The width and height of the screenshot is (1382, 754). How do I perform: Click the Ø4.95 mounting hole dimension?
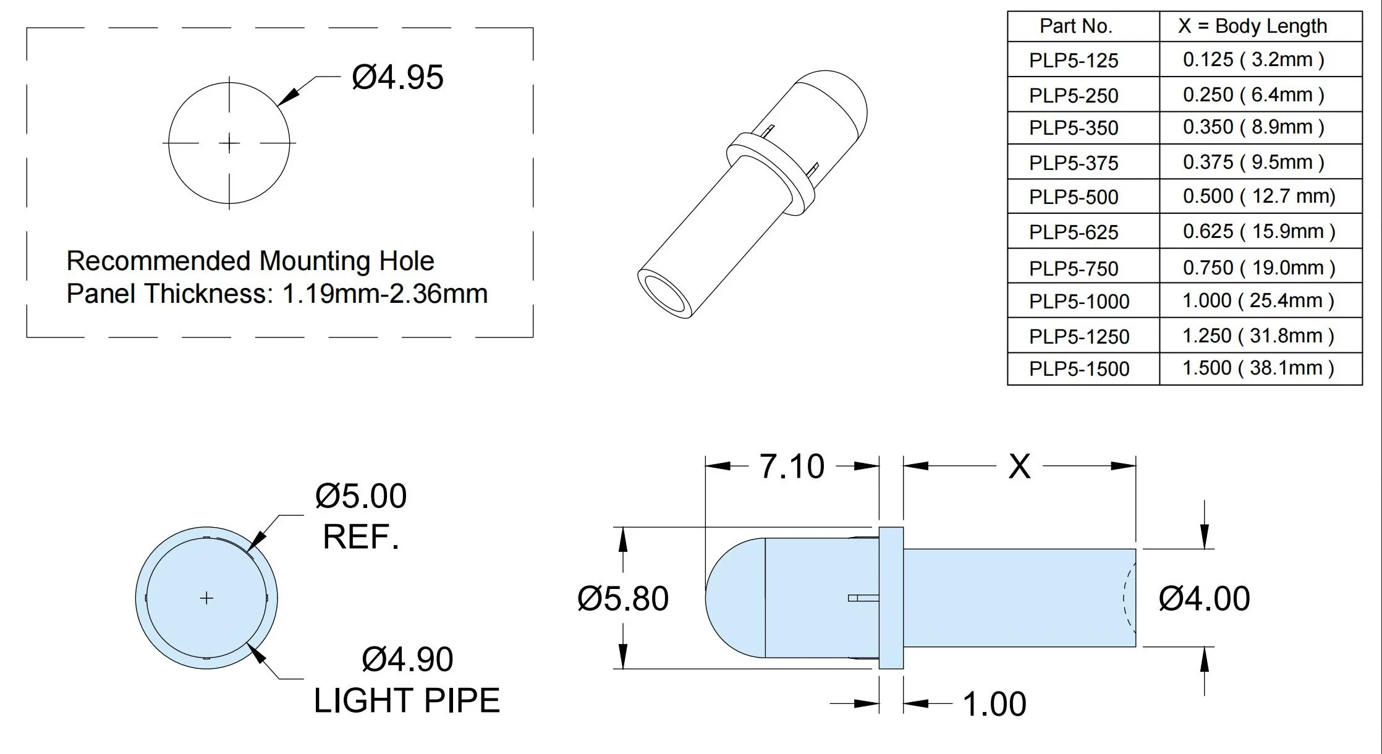click(x=397, y=78)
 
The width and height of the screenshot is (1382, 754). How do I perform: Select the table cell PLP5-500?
click(x=1074, y=197)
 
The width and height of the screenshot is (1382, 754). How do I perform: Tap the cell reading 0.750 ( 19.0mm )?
click(x=1258, y=268)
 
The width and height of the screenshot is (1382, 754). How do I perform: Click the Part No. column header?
click(x=1075, y=26)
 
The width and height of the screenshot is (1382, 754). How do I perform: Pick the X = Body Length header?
click(x=1252, y=26)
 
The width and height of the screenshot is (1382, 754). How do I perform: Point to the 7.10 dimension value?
click(x=791, y=467)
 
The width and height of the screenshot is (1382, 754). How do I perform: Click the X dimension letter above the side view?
click(x=1019, y=467)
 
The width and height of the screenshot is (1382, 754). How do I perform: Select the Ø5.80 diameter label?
click(x=623, y=599)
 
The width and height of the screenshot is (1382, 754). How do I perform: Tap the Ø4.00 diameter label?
click(x=1204, y=599)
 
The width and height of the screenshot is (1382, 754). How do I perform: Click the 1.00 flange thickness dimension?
click(x=994, y=704)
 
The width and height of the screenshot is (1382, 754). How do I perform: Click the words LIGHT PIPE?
click(x=407, y=701)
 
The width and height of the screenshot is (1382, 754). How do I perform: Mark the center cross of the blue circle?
click(x=206, y=598)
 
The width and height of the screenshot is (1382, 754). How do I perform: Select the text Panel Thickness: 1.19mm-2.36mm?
click(x=277, y=294)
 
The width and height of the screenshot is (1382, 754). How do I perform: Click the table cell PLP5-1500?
click(x=1079, y=369)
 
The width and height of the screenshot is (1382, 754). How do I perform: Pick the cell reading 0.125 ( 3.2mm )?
click(x=1253, y=60)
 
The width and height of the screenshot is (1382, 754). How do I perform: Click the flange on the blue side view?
click(x=891, y=598)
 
